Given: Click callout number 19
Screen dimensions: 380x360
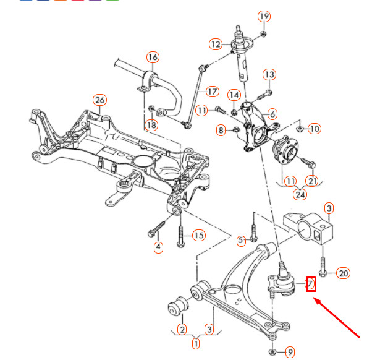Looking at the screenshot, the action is coord(264,17).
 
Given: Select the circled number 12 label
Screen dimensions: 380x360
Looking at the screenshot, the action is coord(216,45).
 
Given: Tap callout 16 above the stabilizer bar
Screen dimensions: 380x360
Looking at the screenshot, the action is coord(153,58).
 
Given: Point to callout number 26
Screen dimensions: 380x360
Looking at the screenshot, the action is coord(100,100).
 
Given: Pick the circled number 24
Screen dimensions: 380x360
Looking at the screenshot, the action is coord(300,194).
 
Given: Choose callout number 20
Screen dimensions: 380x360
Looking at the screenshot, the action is coord(343,273).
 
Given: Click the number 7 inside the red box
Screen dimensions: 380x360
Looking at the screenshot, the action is coord(311,283).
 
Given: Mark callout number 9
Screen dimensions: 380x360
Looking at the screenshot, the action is coord(290,352).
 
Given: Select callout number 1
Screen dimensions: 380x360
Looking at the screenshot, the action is coord(196,343).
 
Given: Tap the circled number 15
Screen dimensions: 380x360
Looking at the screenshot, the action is coord(199,235).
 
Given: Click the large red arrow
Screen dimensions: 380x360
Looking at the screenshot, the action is coord(337,319).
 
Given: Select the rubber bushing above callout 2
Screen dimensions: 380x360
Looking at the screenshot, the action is coord(178,306).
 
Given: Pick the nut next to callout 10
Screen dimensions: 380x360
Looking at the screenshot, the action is coord(300,129).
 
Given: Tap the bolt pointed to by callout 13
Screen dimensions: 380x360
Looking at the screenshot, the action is coord(264,95).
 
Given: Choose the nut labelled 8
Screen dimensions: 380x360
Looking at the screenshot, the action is coord(235,131).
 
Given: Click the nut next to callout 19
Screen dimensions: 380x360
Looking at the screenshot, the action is coord(263,34).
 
